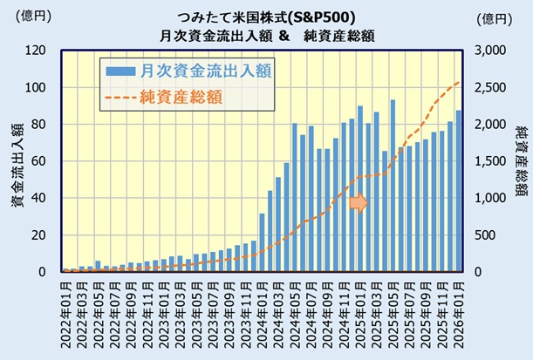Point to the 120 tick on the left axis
point(36,51)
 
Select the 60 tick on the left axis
point(39,161)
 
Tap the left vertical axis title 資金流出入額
point(16,161)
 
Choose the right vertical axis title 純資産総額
point(520,161)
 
